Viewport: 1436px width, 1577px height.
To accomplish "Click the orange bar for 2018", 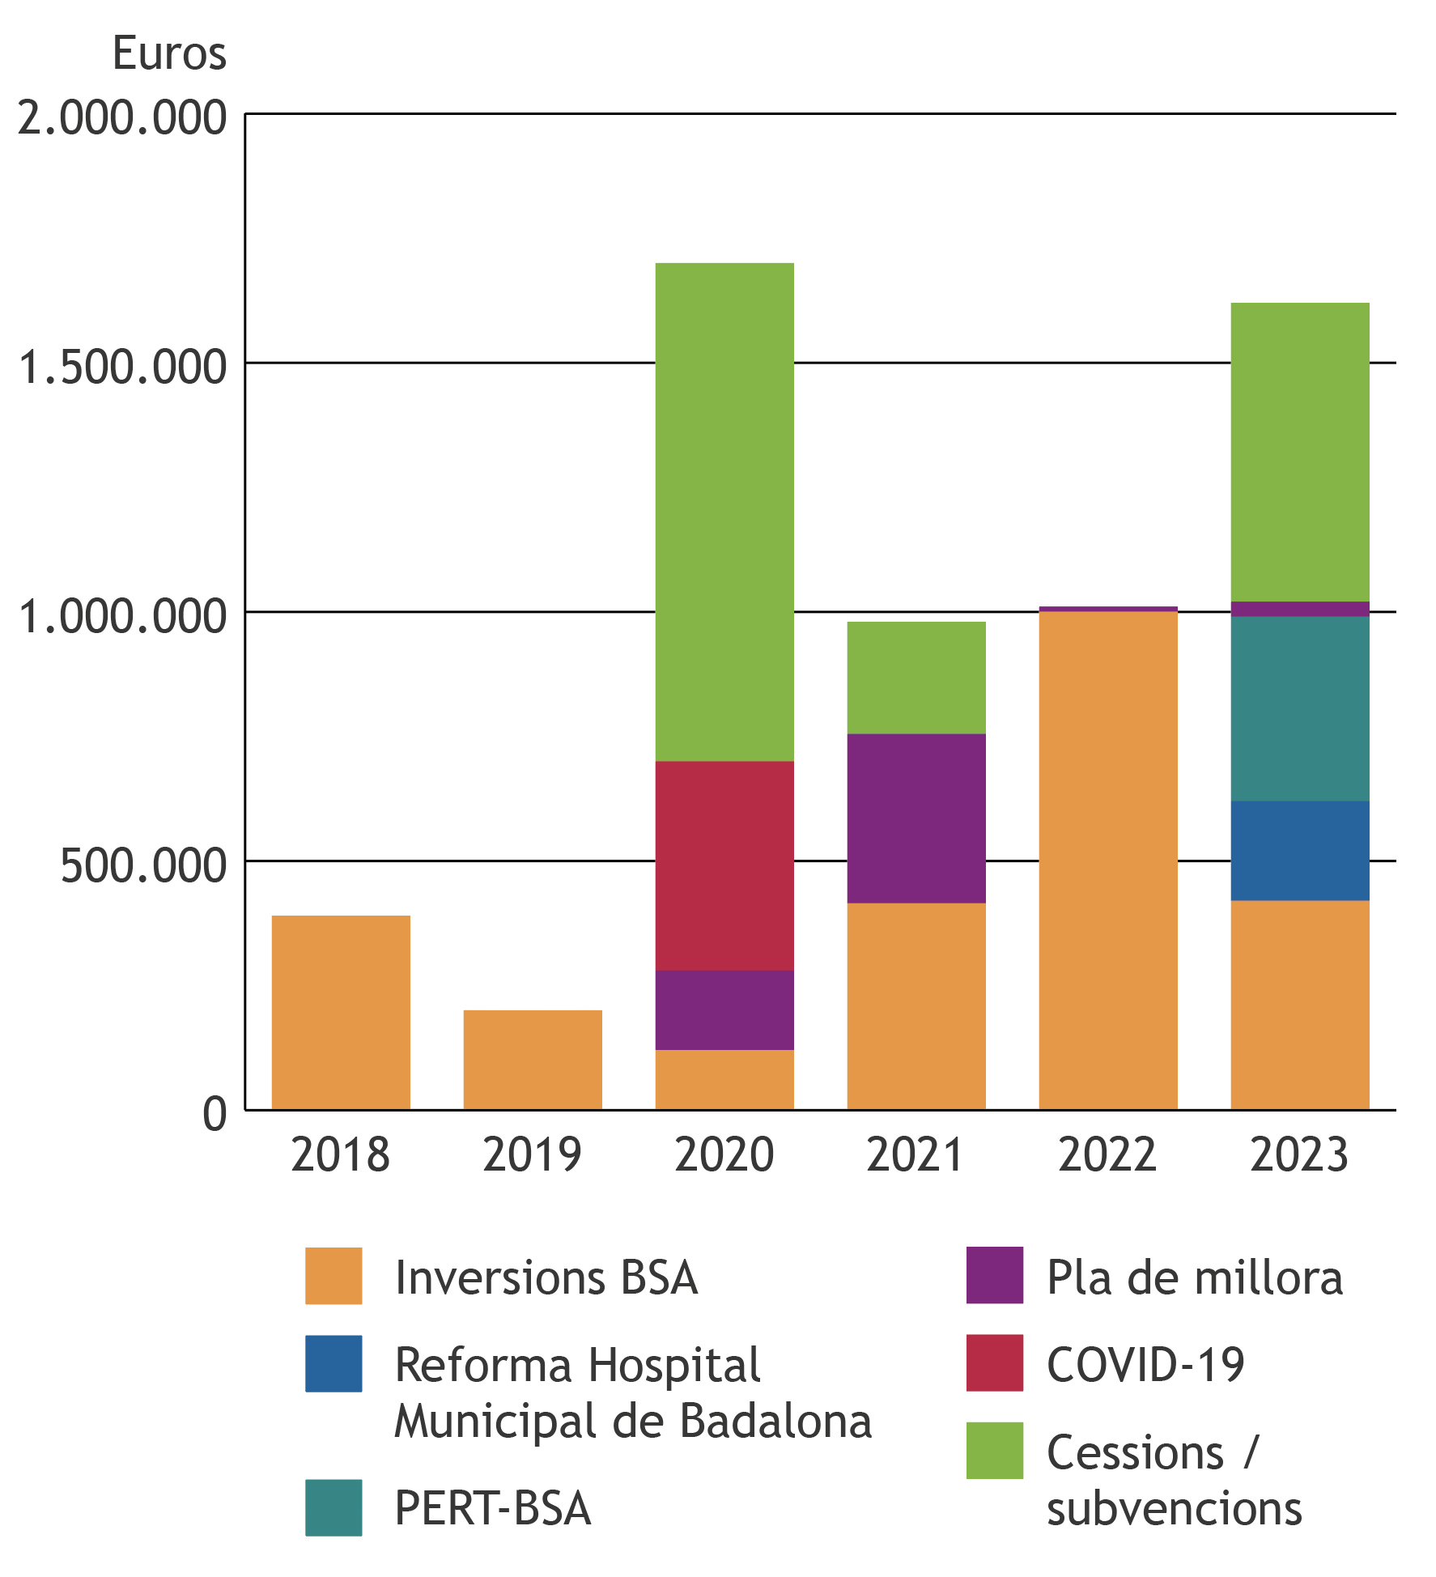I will pyautogui.click(x=341, y=1012).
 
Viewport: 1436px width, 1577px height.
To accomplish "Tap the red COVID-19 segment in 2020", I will pyautogui.click(x=724, y=865).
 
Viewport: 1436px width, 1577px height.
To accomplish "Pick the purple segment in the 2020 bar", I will pyautogui.click(x=724, y=1010).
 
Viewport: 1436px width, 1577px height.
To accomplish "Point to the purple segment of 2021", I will pyautogui.click(x=916, y=818).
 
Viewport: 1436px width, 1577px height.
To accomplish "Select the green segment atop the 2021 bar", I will pyautogui.click(x=916, y=678).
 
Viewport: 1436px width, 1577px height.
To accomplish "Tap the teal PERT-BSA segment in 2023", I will pyautogui.click(x=1300, y=708).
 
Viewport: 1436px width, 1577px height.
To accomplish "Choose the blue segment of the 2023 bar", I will pyautogui.click(x=1300, y=850).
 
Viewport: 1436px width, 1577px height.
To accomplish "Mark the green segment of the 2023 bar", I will pyautogui.click(x=1300, y=452).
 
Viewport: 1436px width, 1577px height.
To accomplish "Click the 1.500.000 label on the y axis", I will pyautogui.click(x=121, y=367).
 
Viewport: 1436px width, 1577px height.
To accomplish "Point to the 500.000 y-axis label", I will pyautogui.click(x=143, y=865).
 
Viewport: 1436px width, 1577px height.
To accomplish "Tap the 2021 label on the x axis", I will pyautogui.click(x=916, y=1154).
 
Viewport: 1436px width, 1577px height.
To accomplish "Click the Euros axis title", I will pyautogui.click(x=169, y=54).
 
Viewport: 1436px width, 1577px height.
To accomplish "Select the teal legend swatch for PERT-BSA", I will pyautogui.click(x=334, y=1507).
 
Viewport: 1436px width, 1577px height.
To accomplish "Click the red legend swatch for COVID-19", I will pyautogui.click(x=994, y=1362).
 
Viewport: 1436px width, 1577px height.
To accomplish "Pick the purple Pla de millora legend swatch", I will pyautogui.click(x=994, y=1275).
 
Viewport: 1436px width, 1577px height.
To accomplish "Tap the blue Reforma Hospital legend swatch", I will pyautogui.click(x=334, y=1363).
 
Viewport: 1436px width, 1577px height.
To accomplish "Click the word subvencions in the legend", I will pyautogui.click(x=1174, y=1508).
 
